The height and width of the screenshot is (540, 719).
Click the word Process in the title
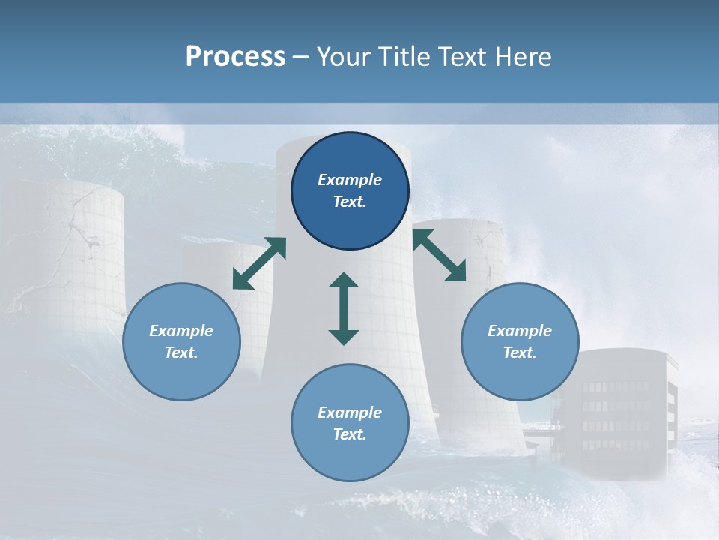pyautogui.click(x=235, y=57)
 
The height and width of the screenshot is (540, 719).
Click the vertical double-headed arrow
pyautogui.click(x=344, y=308)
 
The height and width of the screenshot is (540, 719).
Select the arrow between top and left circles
pyautogui.click(x=259, y=263)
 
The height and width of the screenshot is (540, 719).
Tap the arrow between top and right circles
pyautogui.click(x=440, y=255)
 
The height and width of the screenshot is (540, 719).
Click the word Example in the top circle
pyautogui.click(x=350, y=180)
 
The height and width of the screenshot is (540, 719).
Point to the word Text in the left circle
pyautogui.click(x=181, y=352)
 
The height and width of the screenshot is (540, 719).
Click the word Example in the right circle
pyautogui.click(x=520, y=331)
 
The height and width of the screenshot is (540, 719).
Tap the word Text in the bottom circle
pyautogui.click(x=350, y=434)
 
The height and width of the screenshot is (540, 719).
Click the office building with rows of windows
pyautogui.click(x=618, y=412)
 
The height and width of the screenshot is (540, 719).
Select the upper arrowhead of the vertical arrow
pyautogui.click(x=344, y=281)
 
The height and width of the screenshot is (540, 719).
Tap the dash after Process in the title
pyautogui.click(x=301, y=57)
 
